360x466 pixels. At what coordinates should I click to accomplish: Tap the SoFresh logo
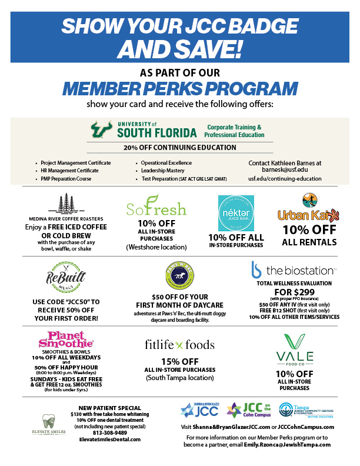pyautogui.click(x=156, y=208)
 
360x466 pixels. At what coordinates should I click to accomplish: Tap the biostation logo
pyautogui.click(x=292, y=270)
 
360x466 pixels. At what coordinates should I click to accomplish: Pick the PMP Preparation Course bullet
pyautogui.click(x=66, y=178)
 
